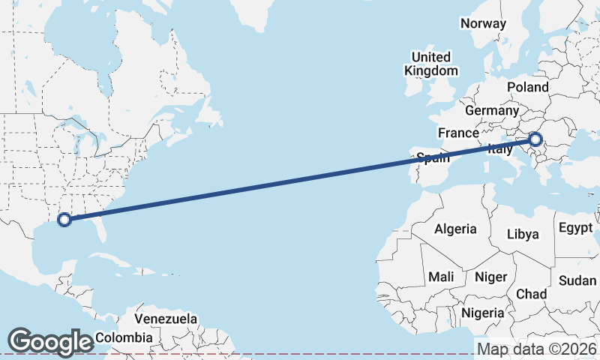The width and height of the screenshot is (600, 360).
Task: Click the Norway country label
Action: click(x=484, y=23)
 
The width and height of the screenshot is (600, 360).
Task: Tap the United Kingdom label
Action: click(x=431, y=64)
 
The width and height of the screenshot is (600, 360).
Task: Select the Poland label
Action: click(x=527, y=87)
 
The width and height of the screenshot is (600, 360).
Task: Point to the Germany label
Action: click(x=492, y=110)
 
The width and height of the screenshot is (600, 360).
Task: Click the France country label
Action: click(x=458, y=133)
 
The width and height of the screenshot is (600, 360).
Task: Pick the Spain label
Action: click(x=433, y=157)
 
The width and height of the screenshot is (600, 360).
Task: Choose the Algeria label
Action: click(x=455, y=229)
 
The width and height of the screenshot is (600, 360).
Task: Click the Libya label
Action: click(x=523, y=234)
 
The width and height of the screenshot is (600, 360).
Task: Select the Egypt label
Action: click(x=576, y=227)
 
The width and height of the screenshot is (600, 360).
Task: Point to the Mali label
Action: click(x=441, y=277)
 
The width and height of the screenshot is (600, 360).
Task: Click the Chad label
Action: click(x=531, y=294)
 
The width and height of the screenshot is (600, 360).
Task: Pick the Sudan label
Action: click(x=577, y=280)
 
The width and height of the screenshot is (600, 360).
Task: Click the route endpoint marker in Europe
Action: click(x=535, y=139)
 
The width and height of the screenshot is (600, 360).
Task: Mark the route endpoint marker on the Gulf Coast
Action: click(x=64, y=219)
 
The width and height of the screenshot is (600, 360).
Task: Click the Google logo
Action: click(x=49, y=341)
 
